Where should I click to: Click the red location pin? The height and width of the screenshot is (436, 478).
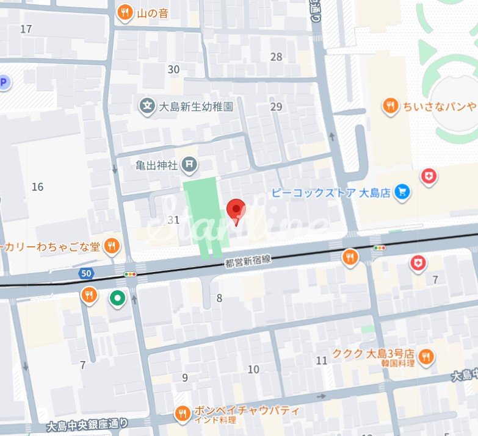[x=236, y=211]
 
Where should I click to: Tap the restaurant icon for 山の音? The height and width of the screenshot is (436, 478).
[x=125, y=13]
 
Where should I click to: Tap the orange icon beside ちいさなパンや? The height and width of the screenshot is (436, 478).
[x=390, y=107]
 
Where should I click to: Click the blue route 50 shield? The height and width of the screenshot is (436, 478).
[x=85, y=274]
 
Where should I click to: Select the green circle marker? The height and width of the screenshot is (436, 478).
[x=117, y=298]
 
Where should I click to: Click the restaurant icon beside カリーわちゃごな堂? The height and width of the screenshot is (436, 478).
[x=111, y=246]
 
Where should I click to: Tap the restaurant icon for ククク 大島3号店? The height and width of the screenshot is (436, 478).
[x=426, y=356]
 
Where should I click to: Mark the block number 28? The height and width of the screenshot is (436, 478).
[x=277, y=57]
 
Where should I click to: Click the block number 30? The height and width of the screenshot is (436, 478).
[x=173, y=70]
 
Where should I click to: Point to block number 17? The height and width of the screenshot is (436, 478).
[x=26, y=29]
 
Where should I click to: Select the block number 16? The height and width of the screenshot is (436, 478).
[x=37, y=187]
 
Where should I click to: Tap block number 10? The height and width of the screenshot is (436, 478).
[x=253, y=369]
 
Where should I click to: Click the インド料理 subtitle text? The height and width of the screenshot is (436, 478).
[x=212, y=421]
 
